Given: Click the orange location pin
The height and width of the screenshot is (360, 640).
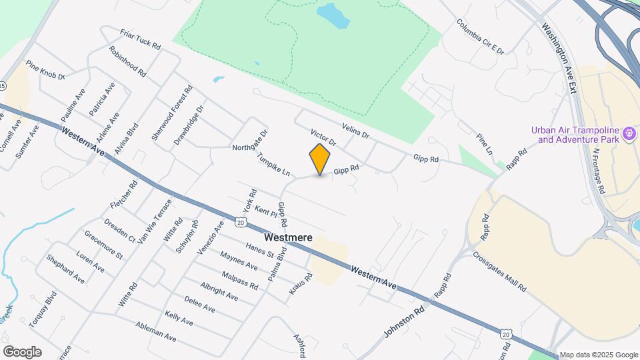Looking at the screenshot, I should [x=320, y=159].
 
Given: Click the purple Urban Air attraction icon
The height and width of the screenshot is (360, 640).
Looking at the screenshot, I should [x=629, y=135].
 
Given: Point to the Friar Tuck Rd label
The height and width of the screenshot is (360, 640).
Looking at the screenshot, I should [x=141, y=39].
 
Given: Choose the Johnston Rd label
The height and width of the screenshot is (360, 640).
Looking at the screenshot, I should [x=404, y=320].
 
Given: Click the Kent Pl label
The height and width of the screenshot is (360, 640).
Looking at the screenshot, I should [x=265, y=212].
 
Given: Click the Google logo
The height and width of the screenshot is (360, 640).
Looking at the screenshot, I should [x=22, y=352].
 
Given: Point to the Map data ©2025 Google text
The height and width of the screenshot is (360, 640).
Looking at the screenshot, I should [x=598, y=355].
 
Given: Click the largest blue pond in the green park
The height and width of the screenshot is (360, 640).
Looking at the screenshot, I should [x=332, y=15].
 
